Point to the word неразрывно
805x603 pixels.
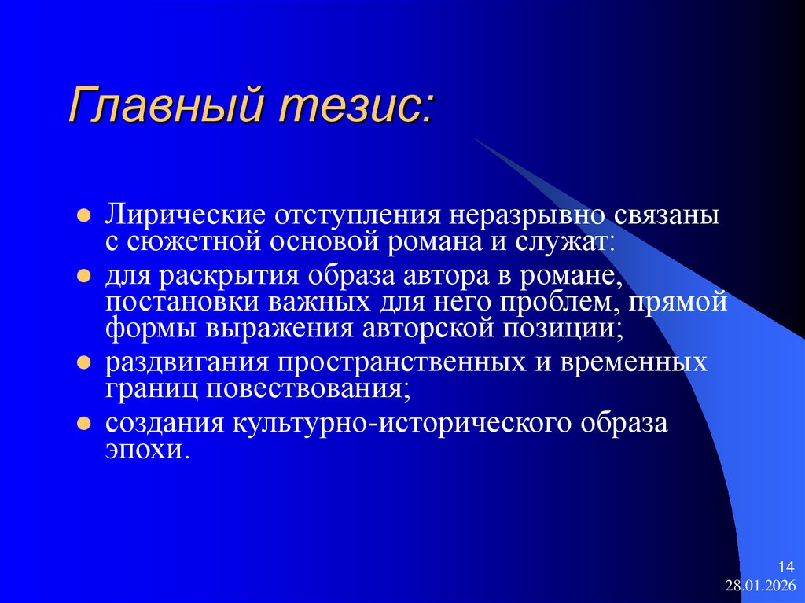click(526, 215)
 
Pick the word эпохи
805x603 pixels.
click(147, 451)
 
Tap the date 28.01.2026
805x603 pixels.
click(760, 585)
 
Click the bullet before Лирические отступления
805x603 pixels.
click(84, 215)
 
